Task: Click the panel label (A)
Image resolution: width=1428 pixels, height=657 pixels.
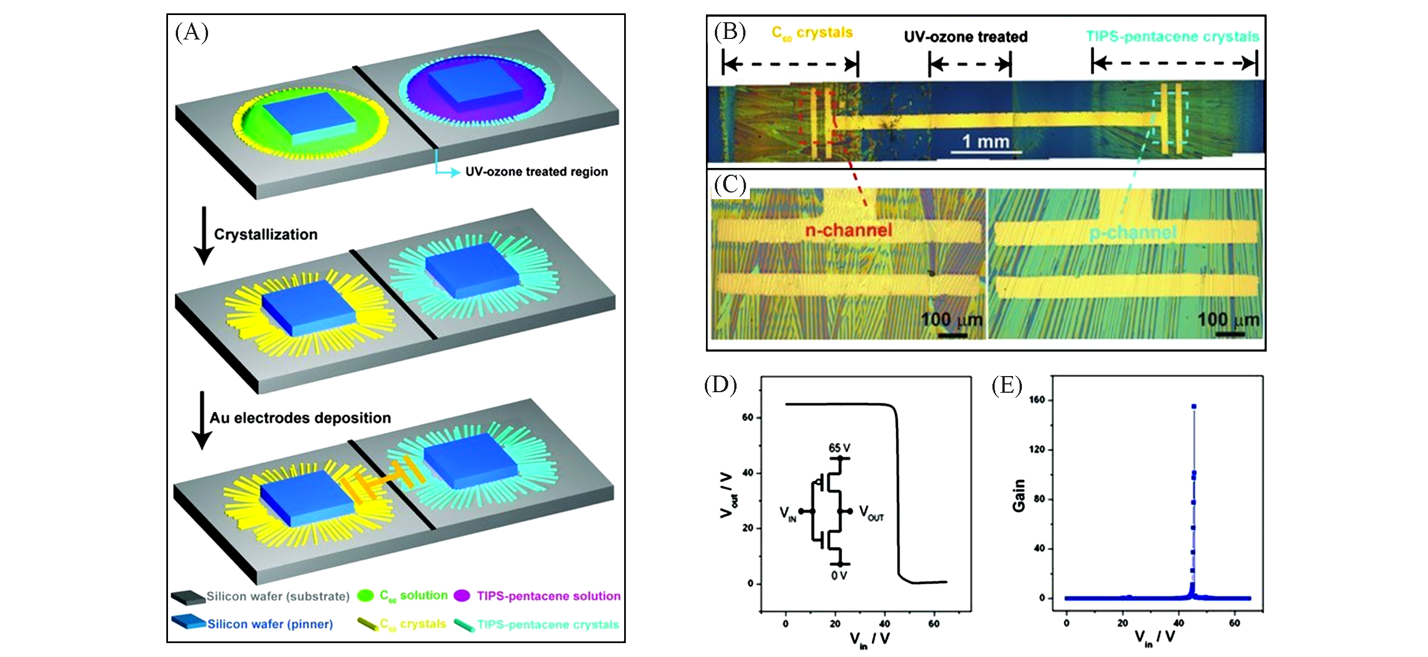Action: [191, 33]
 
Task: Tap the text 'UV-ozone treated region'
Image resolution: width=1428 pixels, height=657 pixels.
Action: [536, 172]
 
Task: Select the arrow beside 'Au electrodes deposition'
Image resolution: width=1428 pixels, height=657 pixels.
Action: [202, 420]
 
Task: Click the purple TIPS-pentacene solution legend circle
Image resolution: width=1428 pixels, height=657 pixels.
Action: [462, 596]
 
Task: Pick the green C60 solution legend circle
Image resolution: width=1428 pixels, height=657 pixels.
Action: [365, 596]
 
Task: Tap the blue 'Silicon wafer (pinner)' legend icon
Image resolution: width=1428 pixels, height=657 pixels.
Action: [188, 623]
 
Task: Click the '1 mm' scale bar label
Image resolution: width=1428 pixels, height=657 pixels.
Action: [986, 141]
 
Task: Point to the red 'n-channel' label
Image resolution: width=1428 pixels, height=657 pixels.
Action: [848, 230]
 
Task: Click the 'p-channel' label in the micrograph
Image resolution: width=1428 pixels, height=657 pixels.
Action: [1133, 233]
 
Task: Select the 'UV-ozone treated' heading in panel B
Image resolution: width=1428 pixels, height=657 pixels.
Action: [965, 37]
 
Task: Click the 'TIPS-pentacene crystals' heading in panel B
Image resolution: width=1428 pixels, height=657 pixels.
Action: [1173, 37]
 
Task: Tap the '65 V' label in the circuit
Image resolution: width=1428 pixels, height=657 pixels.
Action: [839, 448]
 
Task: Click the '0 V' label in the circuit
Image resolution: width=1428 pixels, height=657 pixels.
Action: [839, 575]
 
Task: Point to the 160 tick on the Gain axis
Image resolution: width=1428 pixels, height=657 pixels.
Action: [1037, 400]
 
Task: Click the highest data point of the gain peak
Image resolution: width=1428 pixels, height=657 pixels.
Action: [1194, 407]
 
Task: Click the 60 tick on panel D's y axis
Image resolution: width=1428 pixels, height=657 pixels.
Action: [748, 417]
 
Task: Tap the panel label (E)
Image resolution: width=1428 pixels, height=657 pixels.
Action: [1007, 385]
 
